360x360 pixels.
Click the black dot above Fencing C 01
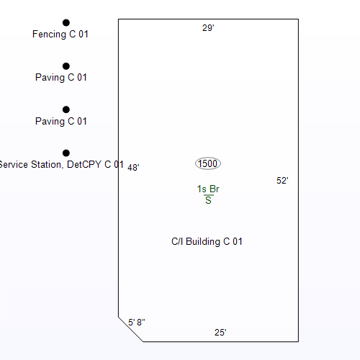pos(66,23)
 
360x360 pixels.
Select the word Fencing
pos(49,35)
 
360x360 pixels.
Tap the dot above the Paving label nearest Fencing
pos(66,66)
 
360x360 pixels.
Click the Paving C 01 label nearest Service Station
pos(61,122)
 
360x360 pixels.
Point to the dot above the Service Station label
pos(66,153)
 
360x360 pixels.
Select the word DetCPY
pos(84,165)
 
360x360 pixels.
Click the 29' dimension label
pos(208,28)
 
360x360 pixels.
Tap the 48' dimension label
pos(133,167)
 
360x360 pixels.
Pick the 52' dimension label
pos(282,181)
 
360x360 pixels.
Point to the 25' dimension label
pos(220,333)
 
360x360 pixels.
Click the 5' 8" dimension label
pos(137,323)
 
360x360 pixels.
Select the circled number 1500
pos(208,163)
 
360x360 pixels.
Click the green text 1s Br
pos(208,189)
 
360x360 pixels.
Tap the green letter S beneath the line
pos(208,200)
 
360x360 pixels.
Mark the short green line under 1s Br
pos(208,195)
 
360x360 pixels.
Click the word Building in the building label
pos(203,242)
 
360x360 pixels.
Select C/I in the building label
pos(177,241)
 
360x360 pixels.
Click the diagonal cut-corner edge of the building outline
pos(131,329)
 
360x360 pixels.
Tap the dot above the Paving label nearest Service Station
pos(66,109)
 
